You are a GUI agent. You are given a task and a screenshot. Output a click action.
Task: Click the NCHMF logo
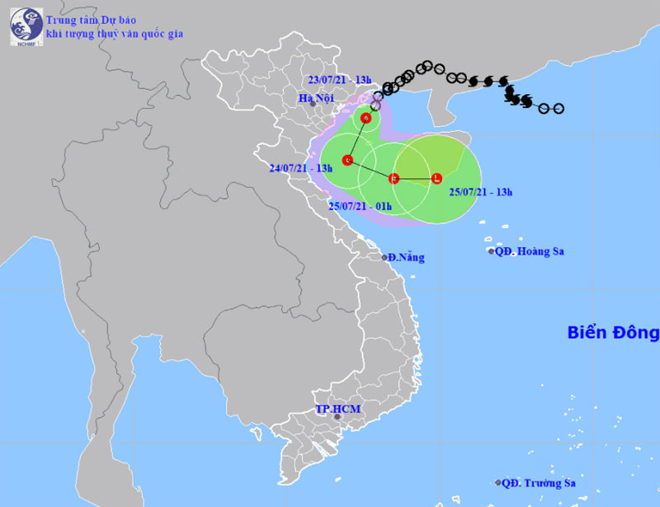point(26,26)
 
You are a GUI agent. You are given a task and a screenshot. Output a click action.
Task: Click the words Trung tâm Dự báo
point(92,19)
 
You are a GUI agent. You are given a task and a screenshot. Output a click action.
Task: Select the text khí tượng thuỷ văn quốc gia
point(115,34)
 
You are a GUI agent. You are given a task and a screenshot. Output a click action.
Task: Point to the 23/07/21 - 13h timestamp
point(339,79)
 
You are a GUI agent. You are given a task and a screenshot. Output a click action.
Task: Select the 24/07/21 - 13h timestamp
point(300,168)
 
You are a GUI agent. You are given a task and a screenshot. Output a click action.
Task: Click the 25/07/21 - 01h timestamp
point(359,206)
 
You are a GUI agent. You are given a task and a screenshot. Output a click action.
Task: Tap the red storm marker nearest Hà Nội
point(365,118)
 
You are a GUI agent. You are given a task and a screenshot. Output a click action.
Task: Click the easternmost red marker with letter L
point(436,178)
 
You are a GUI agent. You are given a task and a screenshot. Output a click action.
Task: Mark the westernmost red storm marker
point(347,160)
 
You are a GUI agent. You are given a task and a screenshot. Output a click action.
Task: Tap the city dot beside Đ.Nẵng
point(384,257)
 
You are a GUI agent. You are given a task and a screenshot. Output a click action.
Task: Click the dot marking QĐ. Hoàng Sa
point(491,251)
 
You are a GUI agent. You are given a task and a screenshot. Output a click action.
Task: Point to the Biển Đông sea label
point(613,333)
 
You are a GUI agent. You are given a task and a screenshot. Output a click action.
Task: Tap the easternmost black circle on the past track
point(559,108)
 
